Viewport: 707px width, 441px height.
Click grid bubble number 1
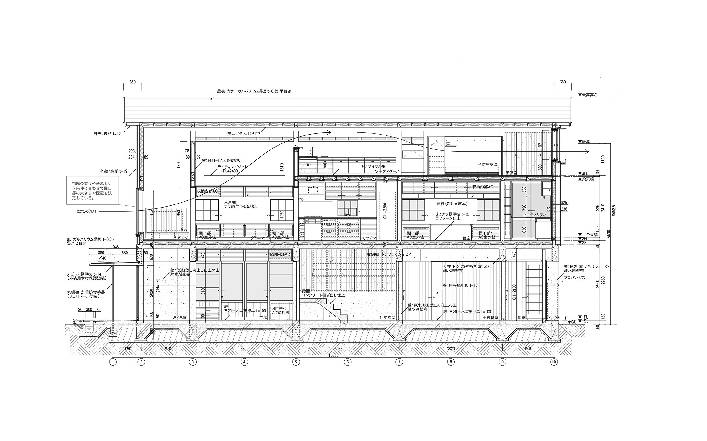coord(113,362)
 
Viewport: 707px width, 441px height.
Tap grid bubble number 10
coord(554,362)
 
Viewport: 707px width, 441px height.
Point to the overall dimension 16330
coord(333,355)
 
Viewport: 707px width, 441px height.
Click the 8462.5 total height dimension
coord(614,210)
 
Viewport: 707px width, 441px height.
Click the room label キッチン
coord(369,238)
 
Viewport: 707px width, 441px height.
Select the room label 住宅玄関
coord(387,318)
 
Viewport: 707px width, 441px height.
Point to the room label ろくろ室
coord(180,317)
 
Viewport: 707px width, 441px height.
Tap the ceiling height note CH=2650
coord(158,284)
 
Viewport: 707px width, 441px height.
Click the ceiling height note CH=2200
coord(385,211)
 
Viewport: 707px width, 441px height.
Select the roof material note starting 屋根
coord(254,91)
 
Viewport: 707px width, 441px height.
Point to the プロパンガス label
coord(574,278)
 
